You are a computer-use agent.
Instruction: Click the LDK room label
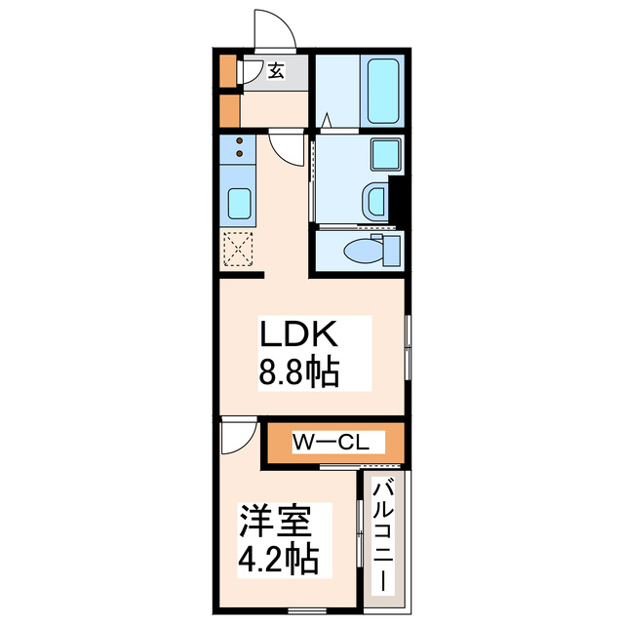point(297,336)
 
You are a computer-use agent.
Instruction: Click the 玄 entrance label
point(275,70)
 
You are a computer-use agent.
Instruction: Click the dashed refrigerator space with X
point(238,250)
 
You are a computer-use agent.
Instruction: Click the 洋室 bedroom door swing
point(234,435)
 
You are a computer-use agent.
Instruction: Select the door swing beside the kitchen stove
point(286,148)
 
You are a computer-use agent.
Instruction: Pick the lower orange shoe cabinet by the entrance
point(229,109)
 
